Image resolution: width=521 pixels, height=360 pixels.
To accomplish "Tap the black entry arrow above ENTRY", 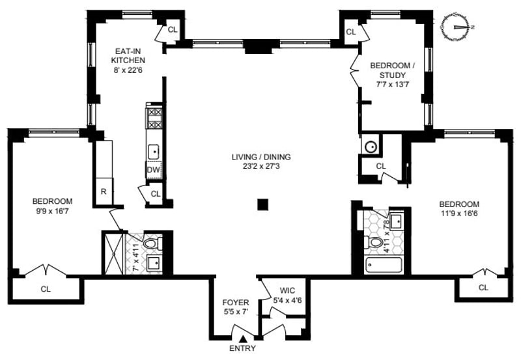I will [243, 338].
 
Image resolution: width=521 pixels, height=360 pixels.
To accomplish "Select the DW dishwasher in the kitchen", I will [154, 171].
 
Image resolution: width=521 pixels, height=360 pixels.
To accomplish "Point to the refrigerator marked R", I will [104, 191].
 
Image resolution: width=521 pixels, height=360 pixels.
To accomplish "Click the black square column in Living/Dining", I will [262, 204].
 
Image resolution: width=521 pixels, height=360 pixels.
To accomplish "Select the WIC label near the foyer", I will [287, 291].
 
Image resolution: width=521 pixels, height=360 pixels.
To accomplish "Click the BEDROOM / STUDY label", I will [391, 70].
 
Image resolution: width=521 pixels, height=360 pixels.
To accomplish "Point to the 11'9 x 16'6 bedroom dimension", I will [458, 213].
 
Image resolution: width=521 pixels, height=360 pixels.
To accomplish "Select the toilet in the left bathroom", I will [151, 244].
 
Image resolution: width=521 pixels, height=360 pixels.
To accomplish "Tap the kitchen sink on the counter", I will [154, 151].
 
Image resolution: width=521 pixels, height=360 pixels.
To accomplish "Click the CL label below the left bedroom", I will [46, 288].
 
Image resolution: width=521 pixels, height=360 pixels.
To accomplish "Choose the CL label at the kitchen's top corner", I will [172, 29].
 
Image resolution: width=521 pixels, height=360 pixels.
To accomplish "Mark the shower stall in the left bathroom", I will [113, 253].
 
